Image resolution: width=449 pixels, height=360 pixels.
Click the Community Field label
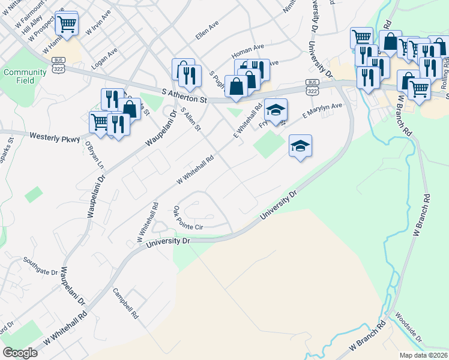coord(25,76)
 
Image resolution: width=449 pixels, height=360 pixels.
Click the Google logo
coord(20,353)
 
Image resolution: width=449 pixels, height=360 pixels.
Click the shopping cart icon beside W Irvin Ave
coord(67,24)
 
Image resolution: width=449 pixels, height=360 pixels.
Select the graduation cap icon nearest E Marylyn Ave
coord(276,109)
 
